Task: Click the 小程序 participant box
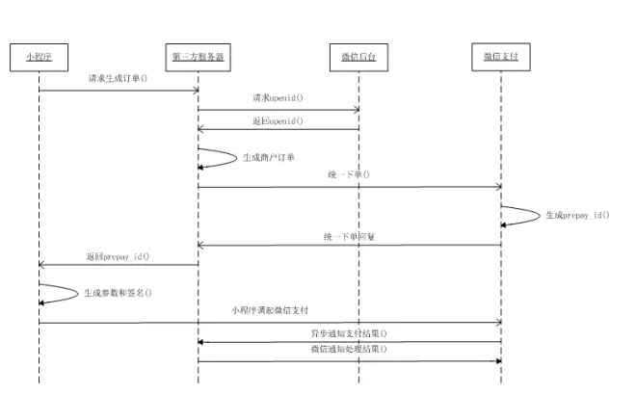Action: [x=39, y=57]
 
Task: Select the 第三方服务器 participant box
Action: [x=199, y=57]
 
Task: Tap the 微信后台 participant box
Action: [x=358, y=57]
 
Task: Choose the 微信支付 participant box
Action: [x=501, y=57]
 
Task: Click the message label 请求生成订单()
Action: [x=118, y=79]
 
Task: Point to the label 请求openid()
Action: [x=278, y=98]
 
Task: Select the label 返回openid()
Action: [x=278, y=120]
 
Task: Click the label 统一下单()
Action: [x=348, y=175]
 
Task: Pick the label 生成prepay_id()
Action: [x=577, y=215]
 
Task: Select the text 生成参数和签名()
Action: [x=117, y=292]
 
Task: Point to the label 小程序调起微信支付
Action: [x=270, y=310]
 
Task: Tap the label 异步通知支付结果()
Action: [x=349, y=332]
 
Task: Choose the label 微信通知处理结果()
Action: [x=349, y=350]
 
